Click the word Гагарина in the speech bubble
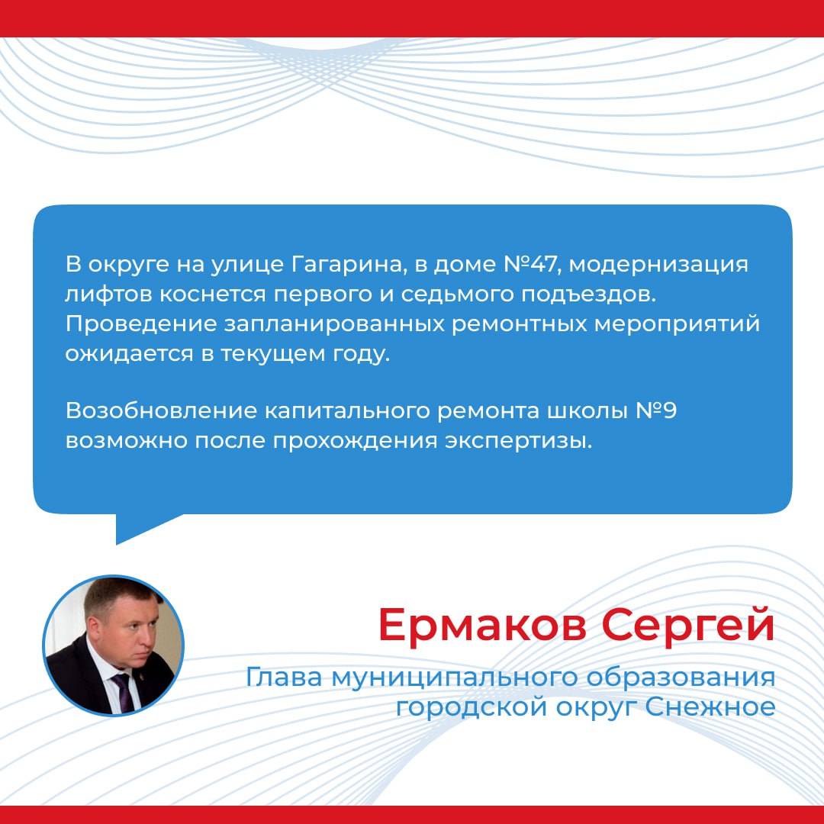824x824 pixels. click(x=349, y=264)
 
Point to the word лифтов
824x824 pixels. click(x=109, y=295)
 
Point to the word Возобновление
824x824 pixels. click(x=161, y=411)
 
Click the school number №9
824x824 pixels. click(x=656, y=411)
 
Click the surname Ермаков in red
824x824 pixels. click(x=482, y=625)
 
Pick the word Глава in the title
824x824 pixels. click(x=283, y=678)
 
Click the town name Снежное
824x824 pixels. click(x=710, y=707)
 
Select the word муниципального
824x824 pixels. click(x=454, y=678)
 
